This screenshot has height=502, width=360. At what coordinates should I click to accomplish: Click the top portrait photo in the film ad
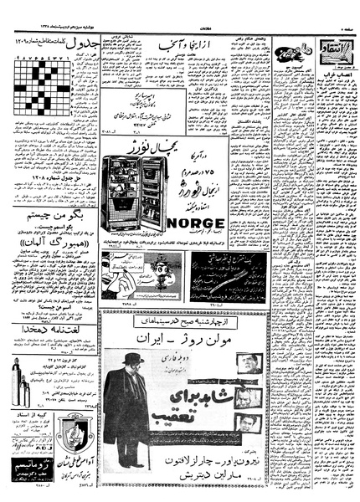coord(246,365)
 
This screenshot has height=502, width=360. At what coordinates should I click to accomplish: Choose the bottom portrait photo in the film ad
coord(246,424)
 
